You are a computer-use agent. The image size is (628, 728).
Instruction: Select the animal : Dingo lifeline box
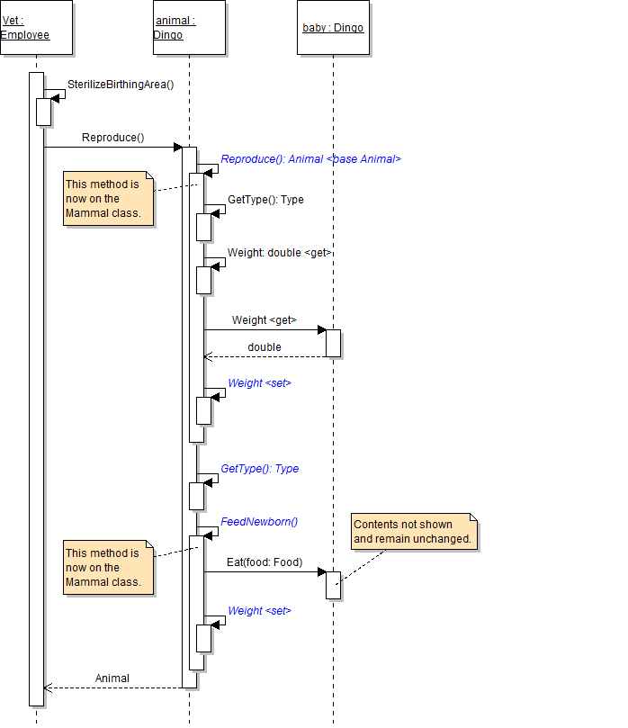(188, 28)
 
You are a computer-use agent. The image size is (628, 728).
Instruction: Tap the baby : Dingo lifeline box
(333, 28)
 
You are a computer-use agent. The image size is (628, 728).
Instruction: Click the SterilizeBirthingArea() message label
(120, 85)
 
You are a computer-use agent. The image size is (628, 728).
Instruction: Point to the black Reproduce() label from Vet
(112, 138)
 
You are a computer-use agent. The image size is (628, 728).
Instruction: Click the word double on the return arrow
(265, 347)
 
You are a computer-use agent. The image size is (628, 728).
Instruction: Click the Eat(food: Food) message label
(265, 563)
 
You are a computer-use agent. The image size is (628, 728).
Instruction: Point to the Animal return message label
(112, 679)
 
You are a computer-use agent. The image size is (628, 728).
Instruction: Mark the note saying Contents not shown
(412, 532)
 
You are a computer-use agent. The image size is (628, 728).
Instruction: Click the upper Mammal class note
(107, 199)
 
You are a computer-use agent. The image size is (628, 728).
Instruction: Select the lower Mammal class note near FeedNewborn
(107, 568)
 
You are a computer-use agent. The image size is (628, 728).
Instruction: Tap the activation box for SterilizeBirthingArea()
(43, 112)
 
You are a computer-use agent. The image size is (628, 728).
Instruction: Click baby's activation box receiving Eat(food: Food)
(333, 585)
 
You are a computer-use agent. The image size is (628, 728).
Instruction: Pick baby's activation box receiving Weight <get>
(333, 343)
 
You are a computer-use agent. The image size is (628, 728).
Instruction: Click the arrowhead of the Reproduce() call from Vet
(178, 147)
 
